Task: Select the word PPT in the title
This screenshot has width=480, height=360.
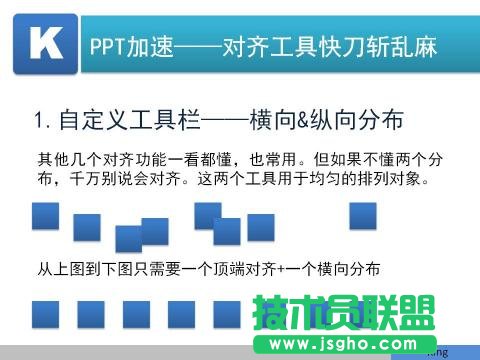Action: point(108,46)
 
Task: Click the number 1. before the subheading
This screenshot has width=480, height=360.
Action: point(42,123)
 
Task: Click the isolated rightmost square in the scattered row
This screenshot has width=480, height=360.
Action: point(361,216)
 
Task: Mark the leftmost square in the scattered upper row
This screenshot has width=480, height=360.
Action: point(45,216)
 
